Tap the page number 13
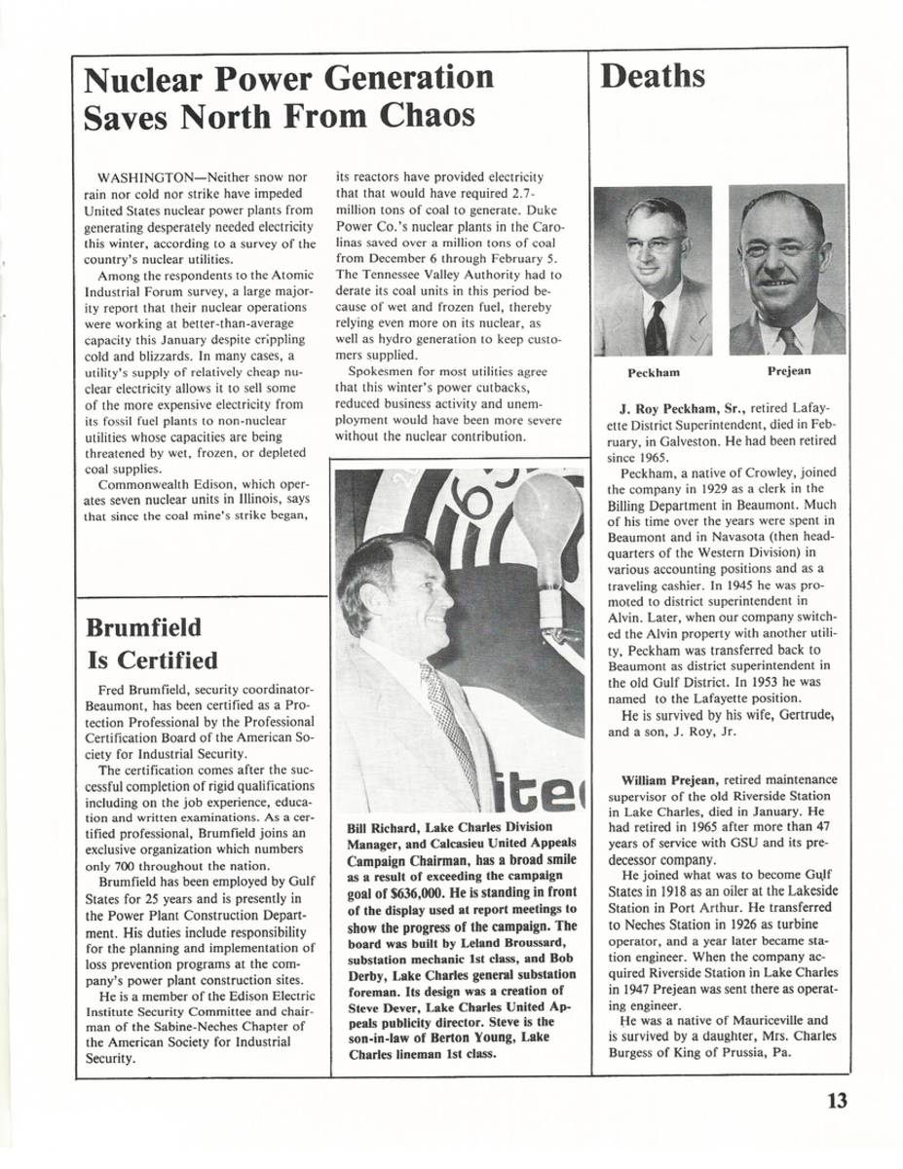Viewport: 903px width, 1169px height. point(837,1101)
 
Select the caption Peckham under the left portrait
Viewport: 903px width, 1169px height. point(653,372)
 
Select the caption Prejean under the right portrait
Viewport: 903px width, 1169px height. point(788,370)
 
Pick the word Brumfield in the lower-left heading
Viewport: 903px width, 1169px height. point(144,625)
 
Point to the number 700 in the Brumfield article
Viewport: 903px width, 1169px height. point(129,865)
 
